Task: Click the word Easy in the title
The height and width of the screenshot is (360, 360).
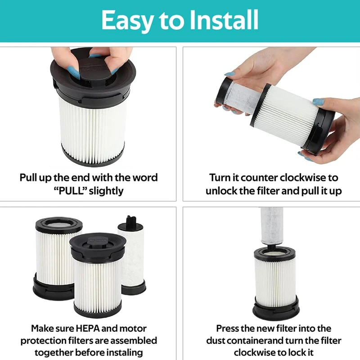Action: (127, 21)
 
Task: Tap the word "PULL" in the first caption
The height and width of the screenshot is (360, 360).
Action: (70, 191)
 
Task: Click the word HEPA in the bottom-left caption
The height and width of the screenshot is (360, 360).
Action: (87, 328)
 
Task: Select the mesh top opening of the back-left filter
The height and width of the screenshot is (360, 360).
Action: (59, 224)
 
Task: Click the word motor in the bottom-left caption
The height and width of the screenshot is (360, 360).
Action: (133, 328)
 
